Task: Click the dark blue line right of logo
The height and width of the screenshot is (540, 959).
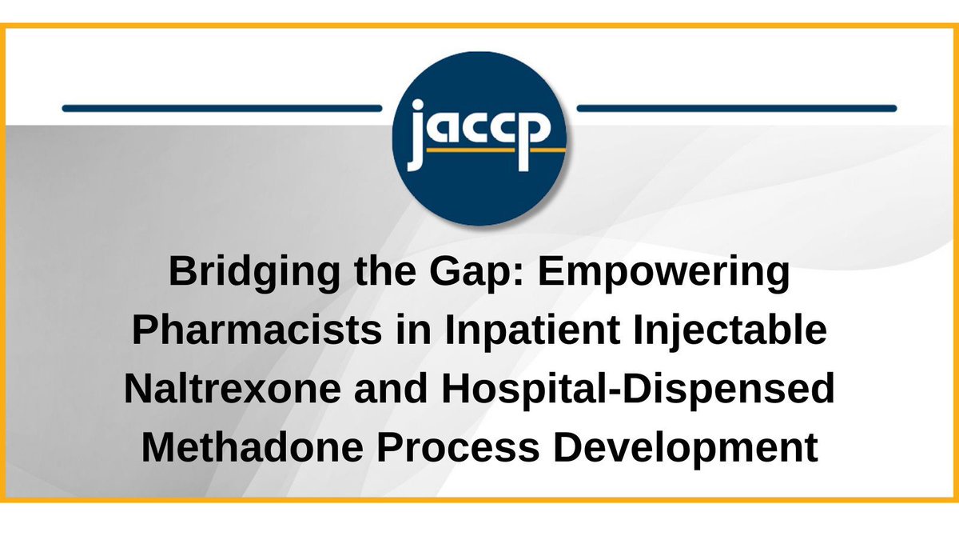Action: point(736,107)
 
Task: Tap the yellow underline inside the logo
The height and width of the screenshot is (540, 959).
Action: point(495,149)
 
